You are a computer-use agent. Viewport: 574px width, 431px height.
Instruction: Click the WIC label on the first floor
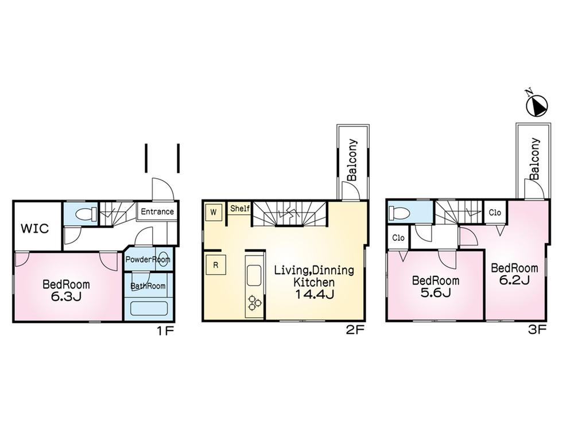point(35,228)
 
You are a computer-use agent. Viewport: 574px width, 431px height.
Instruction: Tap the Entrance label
point(157,211)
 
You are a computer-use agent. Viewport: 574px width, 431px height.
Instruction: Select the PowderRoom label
point(148,259)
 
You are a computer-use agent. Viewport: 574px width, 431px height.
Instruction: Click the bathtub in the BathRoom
point(148,307)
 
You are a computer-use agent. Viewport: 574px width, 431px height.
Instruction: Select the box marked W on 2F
point(213,212)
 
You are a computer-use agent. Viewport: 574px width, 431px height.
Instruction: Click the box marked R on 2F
point(215,265)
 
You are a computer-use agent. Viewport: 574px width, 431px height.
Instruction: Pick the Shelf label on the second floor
point(240,209)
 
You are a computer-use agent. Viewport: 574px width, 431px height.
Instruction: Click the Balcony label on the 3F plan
point(534,159)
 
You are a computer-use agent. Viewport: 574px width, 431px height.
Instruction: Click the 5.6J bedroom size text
point(436,293)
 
